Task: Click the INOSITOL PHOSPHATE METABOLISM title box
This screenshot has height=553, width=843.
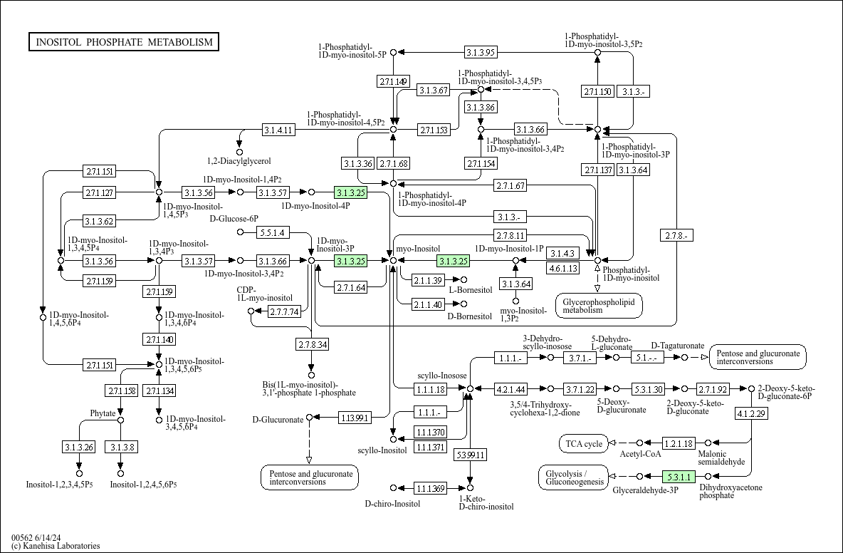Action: click(x=124, y=42)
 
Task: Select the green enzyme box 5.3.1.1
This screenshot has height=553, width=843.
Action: click(x=679, y=476)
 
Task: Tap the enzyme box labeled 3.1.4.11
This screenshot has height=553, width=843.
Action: click(x=279, y=130)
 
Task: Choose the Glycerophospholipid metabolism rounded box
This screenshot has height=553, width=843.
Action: click(x=599, y=306)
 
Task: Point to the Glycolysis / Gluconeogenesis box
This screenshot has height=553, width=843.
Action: click(x=574, y=477)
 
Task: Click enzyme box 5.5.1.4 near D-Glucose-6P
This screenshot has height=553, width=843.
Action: click(x=273, y=232)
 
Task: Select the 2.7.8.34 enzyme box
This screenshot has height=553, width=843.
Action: click(x=312, y=344)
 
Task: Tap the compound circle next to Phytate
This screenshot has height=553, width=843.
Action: click(x=120, y=420)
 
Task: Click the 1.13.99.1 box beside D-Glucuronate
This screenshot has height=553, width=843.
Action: click(x=355, y=417)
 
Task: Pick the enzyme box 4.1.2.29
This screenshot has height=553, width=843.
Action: click(x=752, y=413)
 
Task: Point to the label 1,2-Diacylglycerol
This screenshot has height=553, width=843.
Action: click(x=239, y=161)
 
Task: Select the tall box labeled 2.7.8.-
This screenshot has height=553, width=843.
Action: click(x=677, y=235)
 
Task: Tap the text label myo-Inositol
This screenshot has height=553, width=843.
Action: click(x=418, y=249)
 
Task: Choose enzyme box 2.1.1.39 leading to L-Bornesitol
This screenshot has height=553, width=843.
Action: click(x=428, y=280)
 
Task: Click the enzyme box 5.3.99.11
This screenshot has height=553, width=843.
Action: click(x=470, y=455)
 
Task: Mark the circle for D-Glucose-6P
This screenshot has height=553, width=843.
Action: click(x=241, y=232)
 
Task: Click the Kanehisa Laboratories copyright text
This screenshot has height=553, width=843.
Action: click(x=56, y=545)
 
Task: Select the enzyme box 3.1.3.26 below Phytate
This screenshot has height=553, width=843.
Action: click(x=79, y=447)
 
